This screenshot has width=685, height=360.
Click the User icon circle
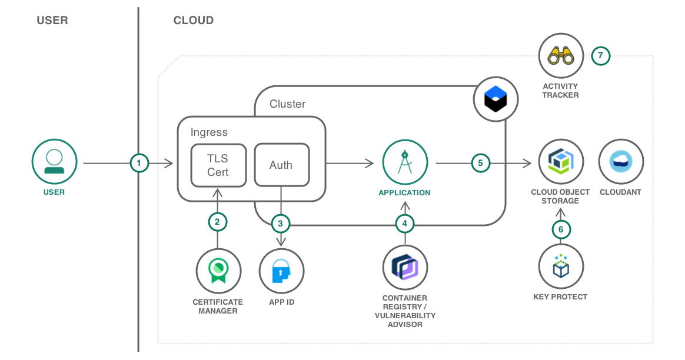click(54, 162)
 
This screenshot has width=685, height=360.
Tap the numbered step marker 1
click(139, 164)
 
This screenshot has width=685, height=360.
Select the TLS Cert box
click(218, 165)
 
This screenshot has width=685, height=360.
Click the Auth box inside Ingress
click(282, 165)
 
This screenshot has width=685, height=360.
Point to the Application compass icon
click(405, 162)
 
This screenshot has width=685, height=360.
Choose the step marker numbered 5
click(481, 164)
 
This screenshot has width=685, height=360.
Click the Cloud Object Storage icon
click(561, 162)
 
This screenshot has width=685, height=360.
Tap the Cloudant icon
click(621, 162)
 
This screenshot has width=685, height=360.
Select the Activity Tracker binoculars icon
click(561, 56)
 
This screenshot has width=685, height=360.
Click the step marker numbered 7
click(601, 55)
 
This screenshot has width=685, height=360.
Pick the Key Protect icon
click(561, 266)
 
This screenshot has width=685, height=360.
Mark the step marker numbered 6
click(561, 229)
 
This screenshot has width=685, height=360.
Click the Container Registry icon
click(405, 268)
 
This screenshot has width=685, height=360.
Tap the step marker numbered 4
click(405, 224)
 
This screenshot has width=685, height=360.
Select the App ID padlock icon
click(281, 271)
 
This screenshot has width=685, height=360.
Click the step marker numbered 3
click(281, 224)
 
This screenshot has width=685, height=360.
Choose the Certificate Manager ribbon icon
click(218, 271)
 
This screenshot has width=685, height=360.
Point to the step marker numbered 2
click(218, 222)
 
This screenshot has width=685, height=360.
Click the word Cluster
click(287, 104)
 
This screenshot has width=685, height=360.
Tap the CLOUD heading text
click(194, 21)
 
